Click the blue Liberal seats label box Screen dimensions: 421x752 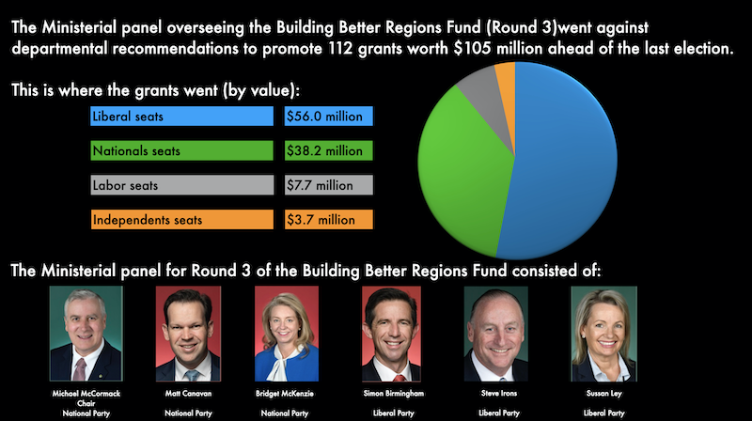pyautogui.click(x=181, y=117)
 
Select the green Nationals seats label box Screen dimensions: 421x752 pyautogui.click(x=181, y=150)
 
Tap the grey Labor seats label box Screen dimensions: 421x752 pyautogui.click(x=181, y=185)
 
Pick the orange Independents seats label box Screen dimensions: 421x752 pyautogui.click(x=181, y=220)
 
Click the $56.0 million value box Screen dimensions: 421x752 pyautogui.click(x=329, y=117)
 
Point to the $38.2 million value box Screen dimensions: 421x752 pyautogui.click(x=329, y=150)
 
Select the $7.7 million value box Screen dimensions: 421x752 pyautogui.click(x=329, y=185)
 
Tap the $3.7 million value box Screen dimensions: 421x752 pyautogui.click(x=329, y=220)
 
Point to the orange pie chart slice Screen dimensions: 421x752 pyautogui.click(x=505, y=74)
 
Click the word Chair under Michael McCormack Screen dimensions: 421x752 pyautogui.click(x=87, y=402)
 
